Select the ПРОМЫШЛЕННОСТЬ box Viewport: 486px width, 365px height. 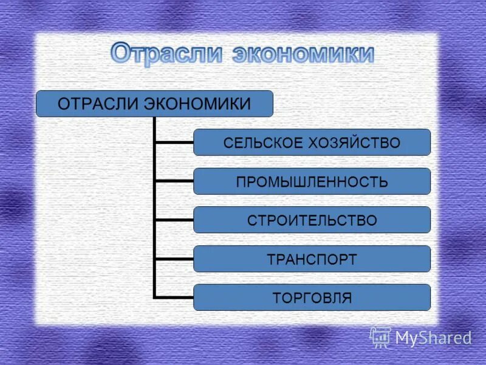[x=312, y=181]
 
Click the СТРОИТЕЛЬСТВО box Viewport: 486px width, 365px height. [x=312, y=220]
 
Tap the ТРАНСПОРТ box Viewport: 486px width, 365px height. [x=312, y=259]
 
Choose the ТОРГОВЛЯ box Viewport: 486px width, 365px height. [x=312, y=298]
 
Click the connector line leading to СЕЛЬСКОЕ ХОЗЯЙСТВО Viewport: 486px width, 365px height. [x=174, y=142]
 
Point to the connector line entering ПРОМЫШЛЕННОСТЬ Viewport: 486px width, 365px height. [x=174, y=181]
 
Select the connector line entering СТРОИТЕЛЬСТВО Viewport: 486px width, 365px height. [x=174, y=220]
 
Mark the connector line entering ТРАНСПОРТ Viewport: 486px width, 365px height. [x=174, y=259]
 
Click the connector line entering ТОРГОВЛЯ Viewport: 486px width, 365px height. [x=174, y=297]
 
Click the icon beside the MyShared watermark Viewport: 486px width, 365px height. [x=380, y=336]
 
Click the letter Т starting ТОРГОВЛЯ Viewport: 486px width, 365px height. [x=276, y=298]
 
